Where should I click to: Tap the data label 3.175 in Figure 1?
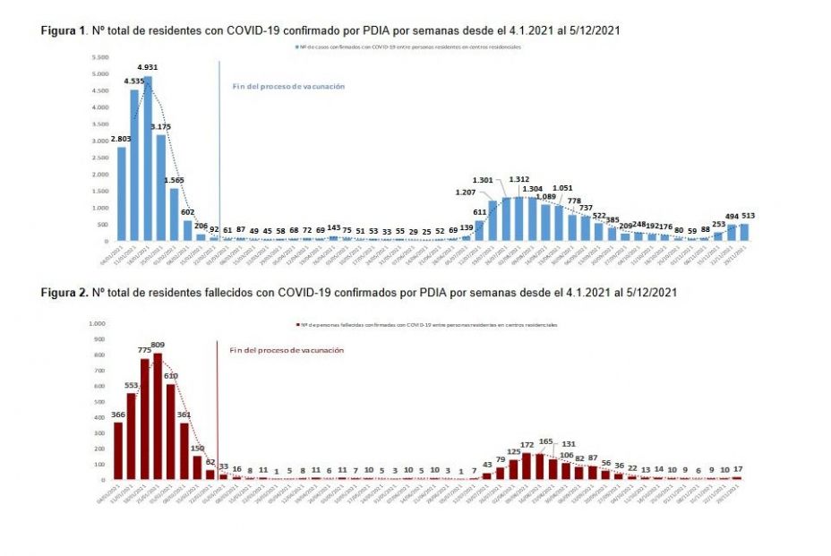[x=160, y=126]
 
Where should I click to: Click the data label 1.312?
[x=519, y=179]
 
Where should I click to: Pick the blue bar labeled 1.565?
[x=174, y=214]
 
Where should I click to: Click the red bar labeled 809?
[x=158, y=416]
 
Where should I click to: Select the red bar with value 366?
[x=118, y=450]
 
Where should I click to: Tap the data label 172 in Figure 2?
[x=527, y=444]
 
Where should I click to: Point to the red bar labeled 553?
[x=132, y=436]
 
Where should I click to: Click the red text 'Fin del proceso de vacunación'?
[x=287, y=350]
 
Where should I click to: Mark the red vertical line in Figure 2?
[x=218, y=407]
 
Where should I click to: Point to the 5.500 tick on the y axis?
[x=99, y=56]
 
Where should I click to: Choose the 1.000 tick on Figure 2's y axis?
[x=96, y=323]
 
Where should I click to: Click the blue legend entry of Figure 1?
[x=407, y=46]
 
